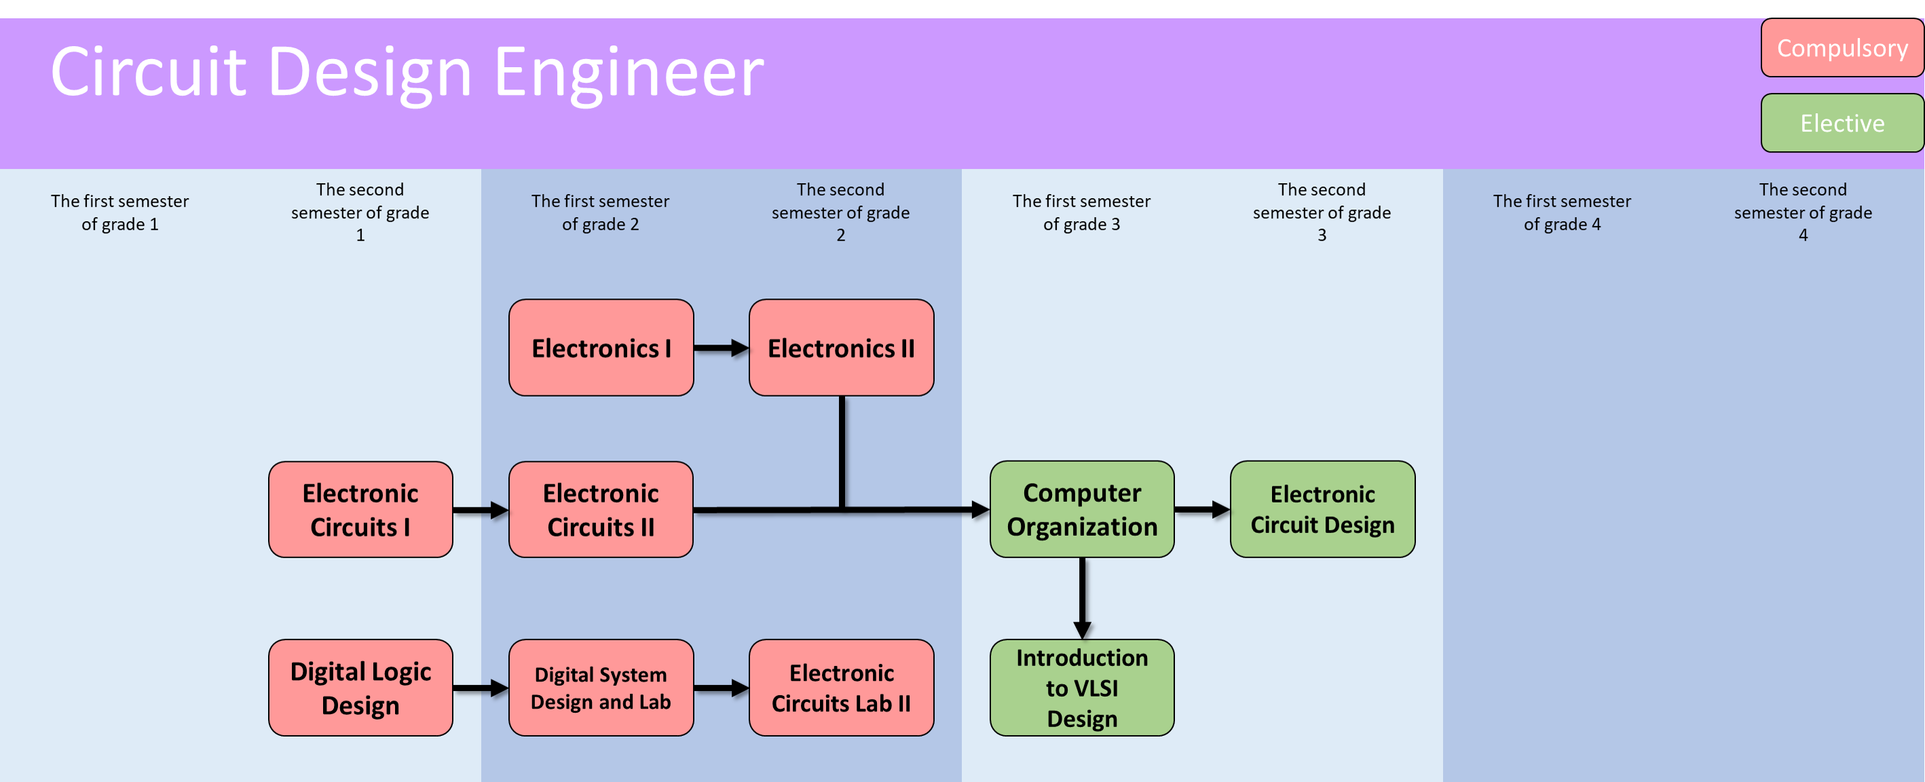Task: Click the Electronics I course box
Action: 601,348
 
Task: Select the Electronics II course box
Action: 841,348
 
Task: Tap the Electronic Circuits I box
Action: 360,509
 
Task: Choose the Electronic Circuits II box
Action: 601,509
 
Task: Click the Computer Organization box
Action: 1081,509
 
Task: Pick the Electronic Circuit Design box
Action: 1322,509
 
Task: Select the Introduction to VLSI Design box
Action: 1081,688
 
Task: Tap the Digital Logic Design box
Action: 360,688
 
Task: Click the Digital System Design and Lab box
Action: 601,688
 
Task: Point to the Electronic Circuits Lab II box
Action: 841,688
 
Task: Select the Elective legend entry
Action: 1842,123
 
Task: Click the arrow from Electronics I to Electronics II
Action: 721,348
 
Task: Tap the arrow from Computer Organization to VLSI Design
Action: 1082,598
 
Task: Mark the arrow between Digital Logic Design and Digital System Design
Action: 481,688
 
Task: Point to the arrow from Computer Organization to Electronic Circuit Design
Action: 1201,509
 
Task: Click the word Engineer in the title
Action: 629,73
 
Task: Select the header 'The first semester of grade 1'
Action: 119,212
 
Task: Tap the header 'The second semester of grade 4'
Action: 1802,212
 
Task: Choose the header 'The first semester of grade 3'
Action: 1081,212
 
